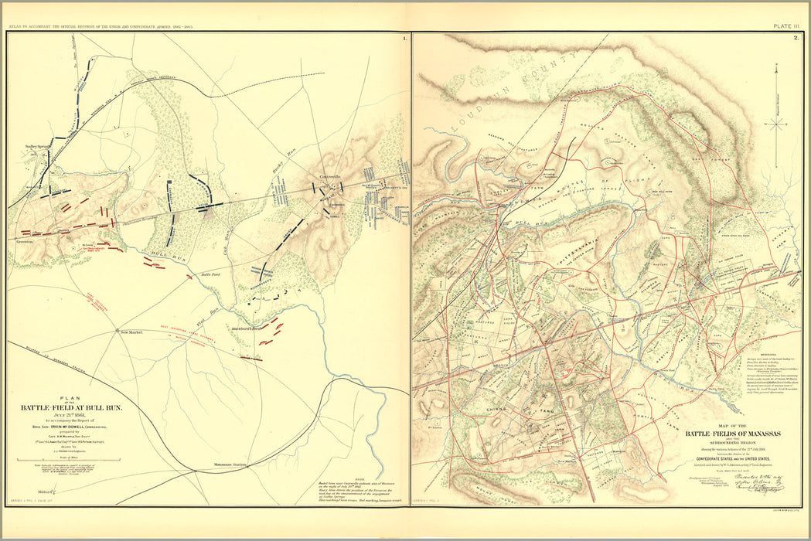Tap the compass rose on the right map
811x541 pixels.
779,122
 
